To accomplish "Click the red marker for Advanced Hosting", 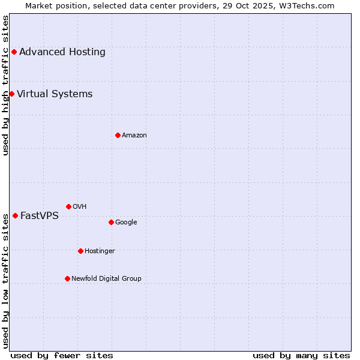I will pos(14,52).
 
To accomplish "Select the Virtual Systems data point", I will pos(11,94).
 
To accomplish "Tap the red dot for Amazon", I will pos(118,135).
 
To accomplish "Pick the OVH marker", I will pos(68,206).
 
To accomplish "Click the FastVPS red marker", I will pos(15,215).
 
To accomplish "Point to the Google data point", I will pos(111,222).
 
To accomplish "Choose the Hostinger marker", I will pos(80,251).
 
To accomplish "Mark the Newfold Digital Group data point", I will pos(67,278).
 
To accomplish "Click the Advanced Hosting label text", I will pos(62,52).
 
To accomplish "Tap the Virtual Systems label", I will pos(55,94).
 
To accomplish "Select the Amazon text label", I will pos(134,135).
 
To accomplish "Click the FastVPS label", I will pos(40,215).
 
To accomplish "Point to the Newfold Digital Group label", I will pos(106,278).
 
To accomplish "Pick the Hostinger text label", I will pos(100,251).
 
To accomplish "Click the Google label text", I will pos(126,222).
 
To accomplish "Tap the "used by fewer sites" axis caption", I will pos(62,355).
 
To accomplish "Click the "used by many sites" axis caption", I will pos(301,355).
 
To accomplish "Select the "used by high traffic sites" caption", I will pos(5,85).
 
